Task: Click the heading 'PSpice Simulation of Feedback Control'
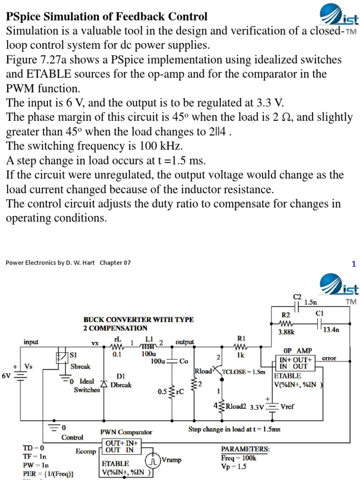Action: click(x=106, y=17)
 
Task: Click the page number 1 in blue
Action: click(x=354, y=264)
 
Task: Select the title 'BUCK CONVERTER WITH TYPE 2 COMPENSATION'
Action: click(x=138, y=324)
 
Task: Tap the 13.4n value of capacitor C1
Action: click(x=330, y=330)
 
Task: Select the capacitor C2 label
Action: click(x=297, y=296)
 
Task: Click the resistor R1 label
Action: click(x=241, y=338)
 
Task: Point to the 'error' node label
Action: click(x=329, y=358)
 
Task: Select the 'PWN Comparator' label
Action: click(x=126, y=432)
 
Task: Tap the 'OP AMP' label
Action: click(x=294, y=350)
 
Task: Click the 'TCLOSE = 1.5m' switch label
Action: click(x=244, y=372)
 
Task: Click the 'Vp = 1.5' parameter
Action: click(x=234, y=466)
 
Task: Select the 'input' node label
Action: click(x=31, y=342)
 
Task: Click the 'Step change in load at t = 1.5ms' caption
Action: click(x=234, y=429)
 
